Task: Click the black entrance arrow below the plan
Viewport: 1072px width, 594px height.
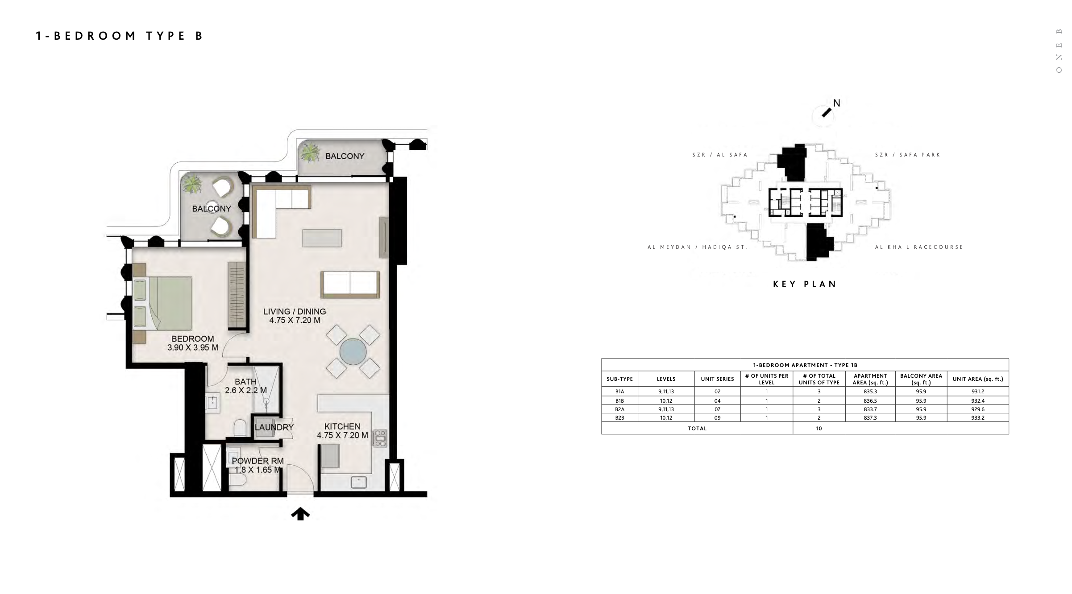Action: click(300, 514)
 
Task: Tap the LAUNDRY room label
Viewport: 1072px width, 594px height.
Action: click(274, 427)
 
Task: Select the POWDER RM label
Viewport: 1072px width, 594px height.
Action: click(258, 461)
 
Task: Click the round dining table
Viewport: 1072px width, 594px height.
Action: click(353, 352)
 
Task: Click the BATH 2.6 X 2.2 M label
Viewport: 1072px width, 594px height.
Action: click(246, 386)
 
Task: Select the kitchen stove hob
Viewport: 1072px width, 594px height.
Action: click(380, 438)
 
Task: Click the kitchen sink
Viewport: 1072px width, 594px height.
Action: click(359, 482)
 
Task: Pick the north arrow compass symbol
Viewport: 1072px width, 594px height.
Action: click(827, 113)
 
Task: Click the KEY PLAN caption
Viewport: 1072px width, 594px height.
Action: click(805, 284)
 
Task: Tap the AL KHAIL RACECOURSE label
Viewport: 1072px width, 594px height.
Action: click(919, 247)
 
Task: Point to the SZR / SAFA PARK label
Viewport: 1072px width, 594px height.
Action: click(907, 155)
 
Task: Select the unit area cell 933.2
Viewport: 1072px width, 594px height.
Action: click(977, 418)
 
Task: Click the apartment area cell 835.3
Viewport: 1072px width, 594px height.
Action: click(870, 392)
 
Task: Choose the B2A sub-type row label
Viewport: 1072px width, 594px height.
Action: click(619, 409)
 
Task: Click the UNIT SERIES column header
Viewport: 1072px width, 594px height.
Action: click(717, 379)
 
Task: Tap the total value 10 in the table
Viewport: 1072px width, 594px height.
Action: click(819, 429)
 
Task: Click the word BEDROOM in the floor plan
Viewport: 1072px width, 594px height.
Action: click(193, 339)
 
